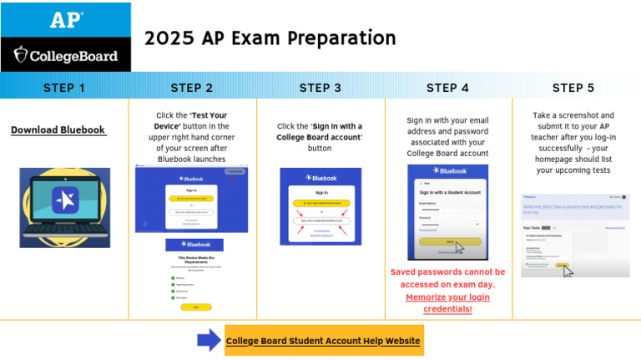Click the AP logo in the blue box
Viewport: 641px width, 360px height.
(66, 20)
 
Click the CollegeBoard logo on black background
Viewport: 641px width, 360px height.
(66, 57)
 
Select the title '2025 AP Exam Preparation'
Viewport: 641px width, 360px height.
(270, 38)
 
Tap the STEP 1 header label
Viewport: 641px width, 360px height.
(64, 88)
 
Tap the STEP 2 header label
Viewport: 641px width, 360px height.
(192, 88)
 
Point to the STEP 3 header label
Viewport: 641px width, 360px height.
(320, 88)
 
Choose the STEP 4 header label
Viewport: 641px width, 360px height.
(447, 88)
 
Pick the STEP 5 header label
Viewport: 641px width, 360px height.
(573, 88)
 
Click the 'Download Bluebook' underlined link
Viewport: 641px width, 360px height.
(58, 130)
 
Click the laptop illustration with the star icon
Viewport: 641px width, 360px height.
(64, 205)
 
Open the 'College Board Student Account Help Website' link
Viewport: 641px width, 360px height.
(323, 341)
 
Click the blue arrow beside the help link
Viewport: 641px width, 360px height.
(209, 340)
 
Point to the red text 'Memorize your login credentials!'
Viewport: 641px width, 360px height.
(447, 302)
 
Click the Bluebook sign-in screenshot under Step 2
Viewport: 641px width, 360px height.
(191, 199)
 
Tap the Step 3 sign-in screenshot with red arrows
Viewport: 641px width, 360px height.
(320, 206)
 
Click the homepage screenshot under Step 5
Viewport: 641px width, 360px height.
(575, 236)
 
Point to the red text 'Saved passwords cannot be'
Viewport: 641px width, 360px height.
(447, 272)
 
